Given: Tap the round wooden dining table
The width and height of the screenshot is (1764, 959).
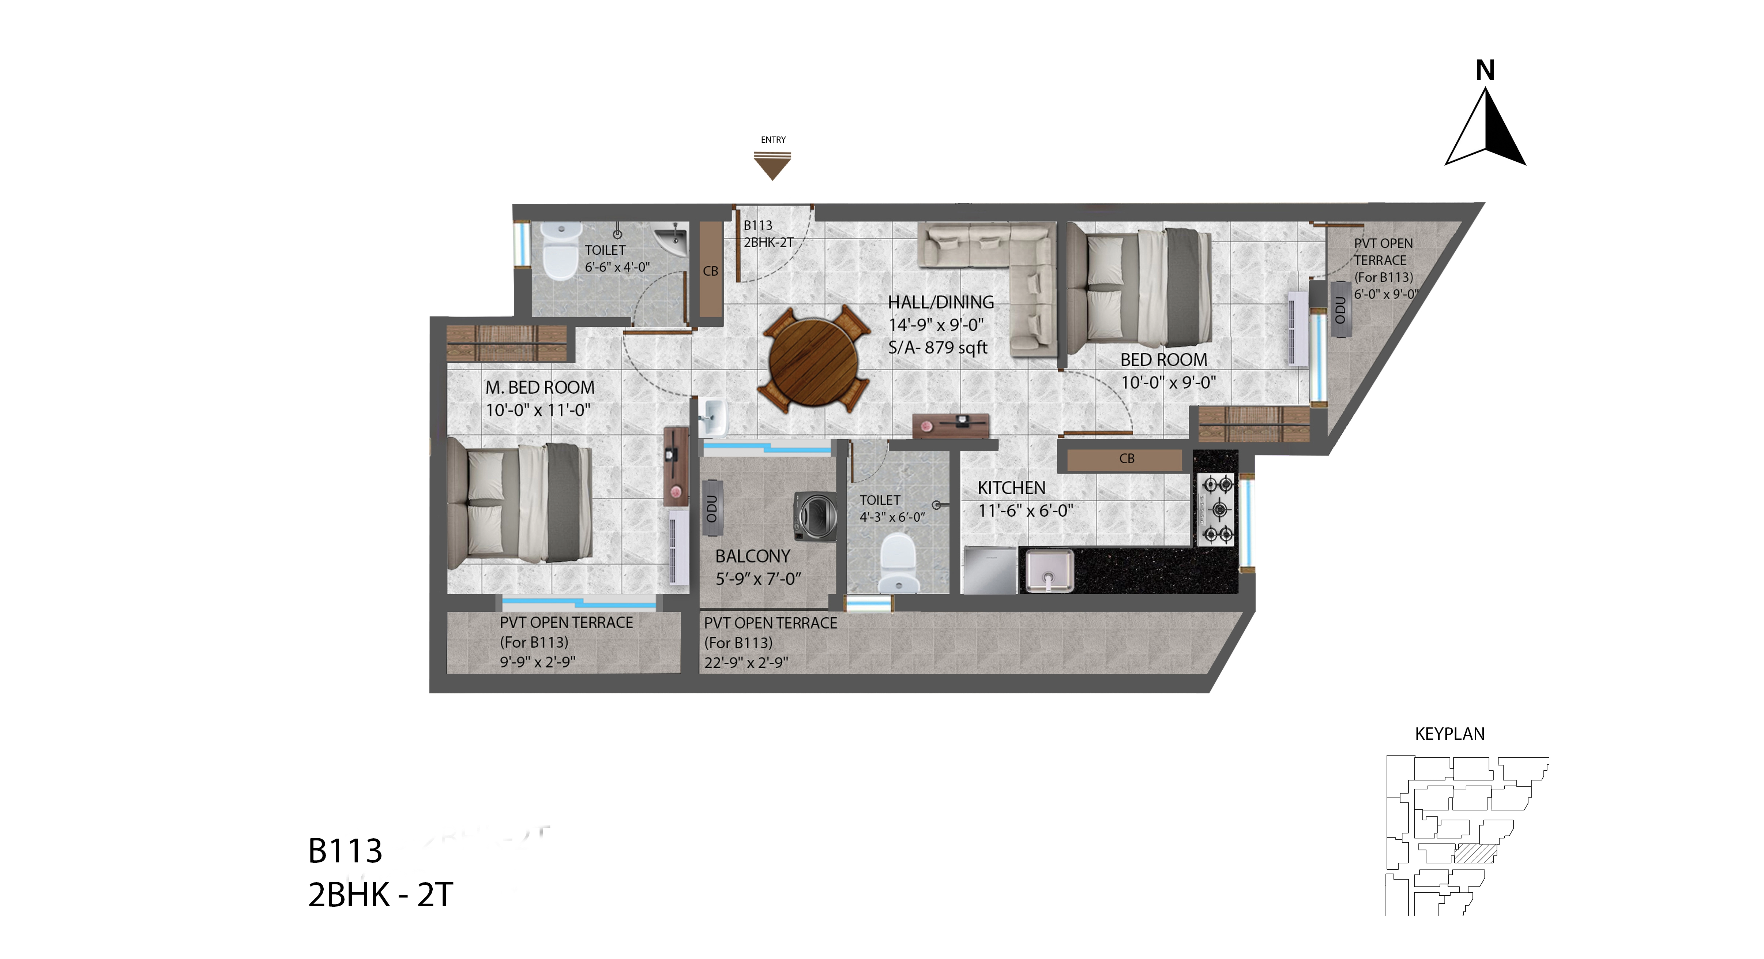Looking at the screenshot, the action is tap(813, 360).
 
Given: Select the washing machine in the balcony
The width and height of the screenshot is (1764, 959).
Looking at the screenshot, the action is tap(815, 517).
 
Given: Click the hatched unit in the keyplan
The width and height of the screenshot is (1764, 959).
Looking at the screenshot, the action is tap(1476, 854).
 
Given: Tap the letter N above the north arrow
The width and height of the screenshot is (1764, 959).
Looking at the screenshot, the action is tap(1485, 70).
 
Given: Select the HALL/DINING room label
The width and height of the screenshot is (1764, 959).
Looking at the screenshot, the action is tap(941, 302).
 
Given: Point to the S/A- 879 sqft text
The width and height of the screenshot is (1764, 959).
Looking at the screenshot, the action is tap(937, 347).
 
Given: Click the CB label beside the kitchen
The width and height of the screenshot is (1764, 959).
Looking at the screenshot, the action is tap(1127, 458).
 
